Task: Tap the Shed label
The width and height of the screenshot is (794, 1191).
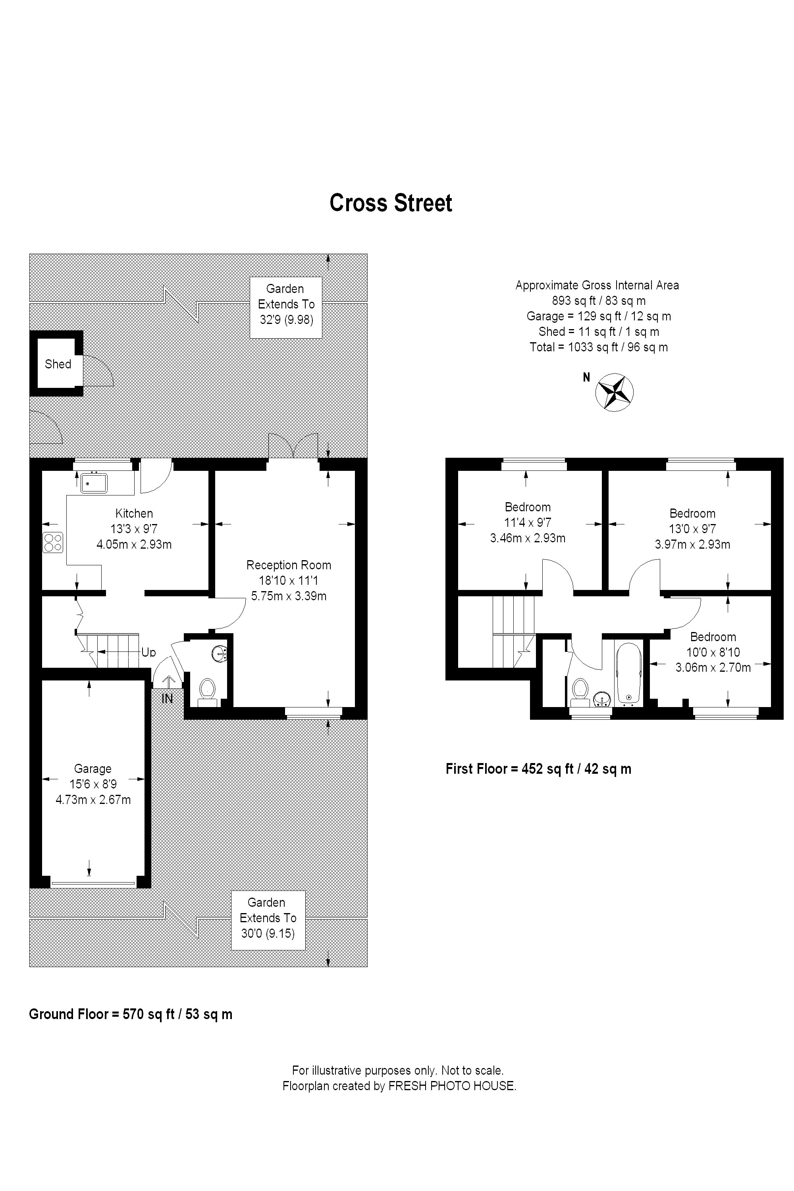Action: [x=58, y=364]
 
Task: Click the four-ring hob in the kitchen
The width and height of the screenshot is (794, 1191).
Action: [x=53, y=542]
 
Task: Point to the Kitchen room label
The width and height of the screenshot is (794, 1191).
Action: [x=134, y=513]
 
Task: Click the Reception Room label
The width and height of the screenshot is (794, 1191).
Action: [x=289, y=565]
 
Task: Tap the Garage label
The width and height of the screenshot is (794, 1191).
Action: [x=93, y=769]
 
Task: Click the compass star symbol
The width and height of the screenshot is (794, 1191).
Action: [x=614, y=392]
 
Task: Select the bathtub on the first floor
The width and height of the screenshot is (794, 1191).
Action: [x=629, y=673]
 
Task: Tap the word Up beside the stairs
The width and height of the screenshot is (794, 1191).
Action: [x=148, y=652]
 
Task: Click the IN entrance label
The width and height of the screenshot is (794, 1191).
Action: [x=167, y=699]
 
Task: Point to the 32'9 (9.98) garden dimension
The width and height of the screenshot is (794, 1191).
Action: [x=287, y=320]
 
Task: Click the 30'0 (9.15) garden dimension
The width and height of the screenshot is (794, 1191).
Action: [x=268, y=933]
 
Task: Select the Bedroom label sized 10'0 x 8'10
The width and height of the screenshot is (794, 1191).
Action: [x=713, y=637]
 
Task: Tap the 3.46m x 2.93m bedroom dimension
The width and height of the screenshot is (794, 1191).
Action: [x=528, y=538]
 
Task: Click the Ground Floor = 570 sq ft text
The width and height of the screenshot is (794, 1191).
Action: [x=131, y=1014]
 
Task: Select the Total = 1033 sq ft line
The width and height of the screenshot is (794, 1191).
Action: [x=599, y=347]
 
